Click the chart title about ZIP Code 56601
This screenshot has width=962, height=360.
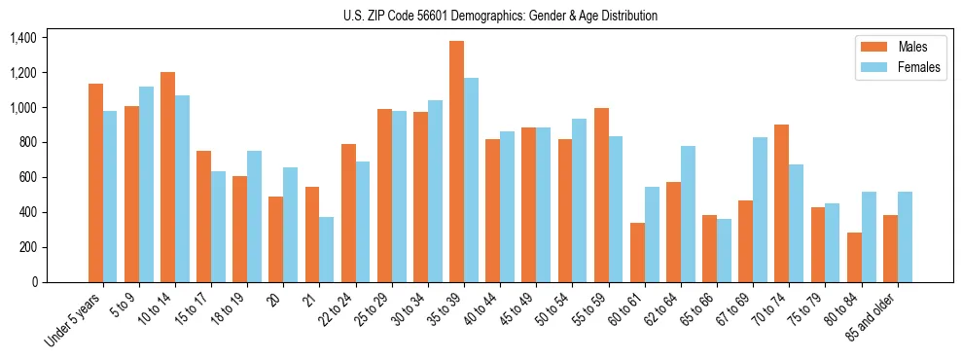(500, 16)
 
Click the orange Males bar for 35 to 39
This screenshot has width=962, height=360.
(456, 162)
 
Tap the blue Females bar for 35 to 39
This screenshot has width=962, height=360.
(471, 180)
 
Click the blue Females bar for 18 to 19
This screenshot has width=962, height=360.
(254, 216)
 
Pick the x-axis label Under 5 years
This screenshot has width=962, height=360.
(73, 319)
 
